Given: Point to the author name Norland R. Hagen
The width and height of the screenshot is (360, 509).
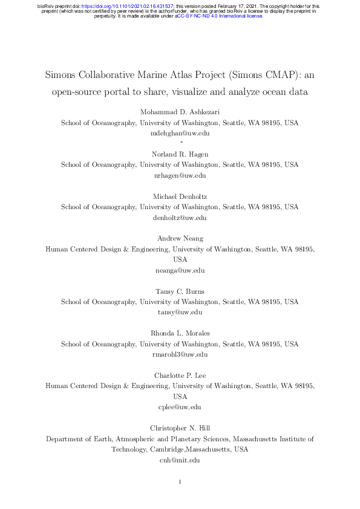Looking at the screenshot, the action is [180, 154].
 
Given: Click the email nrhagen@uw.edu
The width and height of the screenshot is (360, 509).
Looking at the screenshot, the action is [180, 175].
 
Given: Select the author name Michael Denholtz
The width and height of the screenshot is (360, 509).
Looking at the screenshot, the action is [180, 196].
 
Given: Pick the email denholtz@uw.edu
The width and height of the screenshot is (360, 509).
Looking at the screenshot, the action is [180, 218].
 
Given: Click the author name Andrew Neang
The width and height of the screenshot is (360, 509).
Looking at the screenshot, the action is [180, 239].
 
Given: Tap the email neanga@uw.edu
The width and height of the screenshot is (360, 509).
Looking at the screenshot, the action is [180, 270].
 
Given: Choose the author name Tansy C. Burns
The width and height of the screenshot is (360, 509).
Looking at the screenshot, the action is [180, 291].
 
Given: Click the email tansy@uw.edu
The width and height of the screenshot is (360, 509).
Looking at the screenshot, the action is [180, 313].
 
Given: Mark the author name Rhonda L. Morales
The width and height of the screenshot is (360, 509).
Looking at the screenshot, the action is [180, 334].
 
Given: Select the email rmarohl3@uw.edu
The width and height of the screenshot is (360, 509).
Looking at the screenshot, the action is [180, 355].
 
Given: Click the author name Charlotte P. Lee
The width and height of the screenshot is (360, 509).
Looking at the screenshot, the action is [180, 376].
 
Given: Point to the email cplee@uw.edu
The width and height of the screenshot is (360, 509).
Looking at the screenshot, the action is [180, 407].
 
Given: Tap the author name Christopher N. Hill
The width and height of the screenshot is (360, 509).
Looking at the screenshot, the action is [180, 429].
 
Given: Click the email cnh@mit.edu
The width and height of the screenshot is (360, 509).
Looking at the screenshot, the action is [180, 460].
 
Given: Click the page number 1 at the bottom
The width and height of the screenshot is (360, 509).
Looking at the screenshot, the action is [180, 482].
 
